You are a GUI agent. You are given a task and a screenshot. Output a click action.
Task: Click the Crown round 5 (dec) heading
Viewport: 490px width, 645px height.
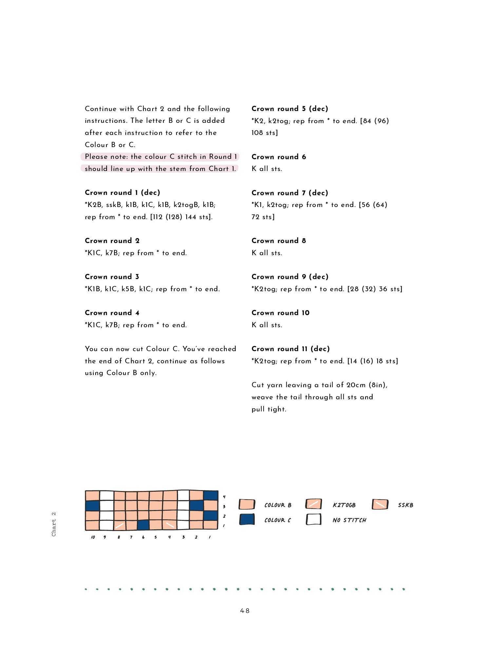click(290, 109)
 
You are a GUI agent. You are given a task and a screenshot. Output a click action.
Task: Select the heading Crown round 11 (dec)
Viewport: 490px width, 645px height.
click(291, 349)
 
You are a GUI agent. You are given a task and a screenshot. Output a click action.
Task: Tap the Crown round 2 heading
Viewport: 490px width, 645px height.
click(112, 241)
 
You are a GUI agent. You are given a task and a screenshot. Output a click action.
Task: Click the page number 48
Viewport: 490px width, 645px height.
click(245, 611)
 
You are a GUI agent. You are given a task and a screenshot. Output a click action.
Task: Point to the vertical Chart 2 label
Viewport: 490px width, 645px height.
click(54, 524)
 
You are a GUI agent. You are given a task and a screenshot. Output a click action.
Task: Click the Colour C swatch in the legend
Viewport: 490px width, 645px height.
click(247, 519)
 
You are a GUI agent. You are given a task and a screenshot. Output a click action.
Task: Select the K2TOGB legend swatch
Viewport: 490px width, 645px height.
click(313, 504)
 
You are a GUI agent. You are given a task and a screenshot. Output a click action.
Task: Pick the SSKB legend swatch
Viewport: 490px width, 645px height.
click(380, 504)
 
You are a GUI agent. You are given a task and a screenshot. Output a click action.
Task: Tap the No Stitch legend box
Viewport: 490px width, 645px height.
click(313, 519)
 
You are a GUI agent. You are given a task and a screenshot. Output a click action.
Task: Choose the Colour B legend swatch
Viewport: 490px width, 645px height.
click(247, 504)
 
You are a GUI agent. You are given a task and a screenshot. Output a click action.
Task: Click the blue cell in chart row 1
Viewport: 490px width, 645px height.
click(143, 525)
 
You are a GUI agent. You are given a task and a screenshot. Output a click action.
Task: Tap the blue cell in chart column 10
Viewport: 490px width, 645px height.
click(92, 505)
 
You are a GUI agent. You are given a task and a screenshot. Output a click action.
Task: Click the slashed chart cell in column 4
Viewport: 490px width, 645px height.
click(170, 525)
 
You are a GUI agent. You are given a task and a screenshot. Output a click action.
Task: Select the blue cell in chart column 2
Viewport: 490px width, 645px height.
click(197, 505)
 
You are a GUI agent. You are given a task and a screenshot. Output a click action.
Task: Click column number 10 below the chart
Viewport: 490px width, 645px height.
click(93, 537)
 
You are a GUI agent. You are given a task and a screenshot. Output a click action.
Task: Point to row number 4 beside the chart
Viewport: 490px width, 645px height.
click(224, 497)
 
